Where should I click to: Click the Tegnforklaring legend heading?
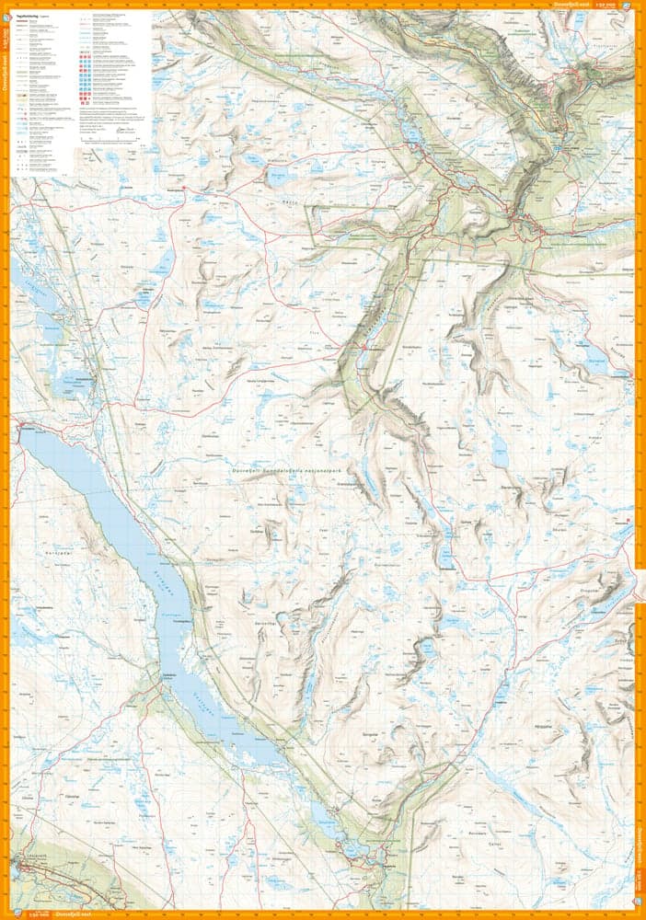tap(29, 16)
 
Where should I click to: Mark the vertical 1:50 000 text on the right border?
tap(640, 891)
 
